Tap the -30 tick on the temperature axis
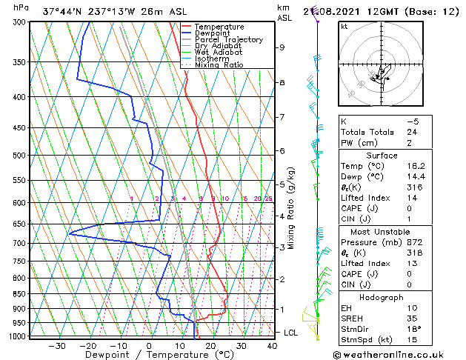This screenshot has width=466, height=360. [57, 345]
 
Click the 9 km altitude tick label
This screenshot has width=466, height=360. [282, 47]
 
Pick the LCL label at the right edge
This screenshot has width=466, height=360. [291, 333]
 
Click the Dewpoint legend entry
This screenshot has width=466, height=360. [212, 33]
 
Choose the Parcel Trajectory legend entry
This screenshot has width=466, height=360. [228, 40]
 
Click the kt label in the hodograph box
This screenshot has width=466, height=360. [344, 27]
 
